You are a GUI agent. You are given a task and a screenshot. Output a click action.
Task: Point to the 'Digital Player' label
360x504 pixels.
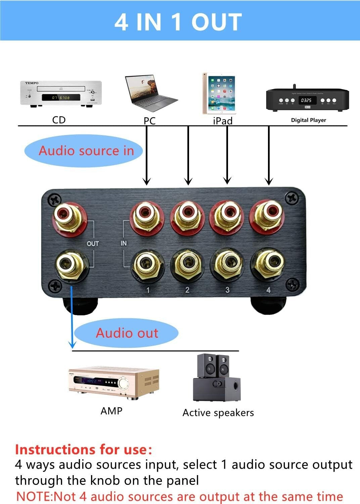click(x=308, y=120)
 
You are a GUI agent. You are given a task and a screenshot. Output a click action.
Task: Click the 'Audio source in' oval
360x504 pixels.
click(x=84, y=151)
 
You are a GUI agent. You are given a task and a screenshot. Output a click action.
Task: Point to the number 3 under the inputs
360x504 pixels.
click(x=227, y=290)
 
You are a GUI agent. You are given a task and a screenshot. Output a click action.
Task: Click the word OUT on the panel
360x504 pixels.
click(x=93, y=244)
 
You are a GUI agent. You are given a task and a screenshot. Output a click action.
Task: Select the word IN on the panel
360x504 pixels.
click(x=124, y=243)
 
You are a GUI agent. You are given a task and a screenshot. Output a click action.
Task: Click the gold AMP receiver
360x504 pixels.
click(x=114, y=384)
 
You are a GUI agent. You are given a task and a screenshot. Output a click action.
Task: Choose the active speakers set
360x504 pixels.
click(x=217, y=378)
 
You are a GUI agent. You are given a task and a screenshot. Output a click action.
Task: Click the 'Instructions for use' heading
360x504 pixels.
click(x=83, y=450)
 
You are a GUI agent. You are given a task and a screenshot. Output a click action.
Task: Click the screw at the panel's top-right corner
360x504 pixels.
click(x=291, y=199)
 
